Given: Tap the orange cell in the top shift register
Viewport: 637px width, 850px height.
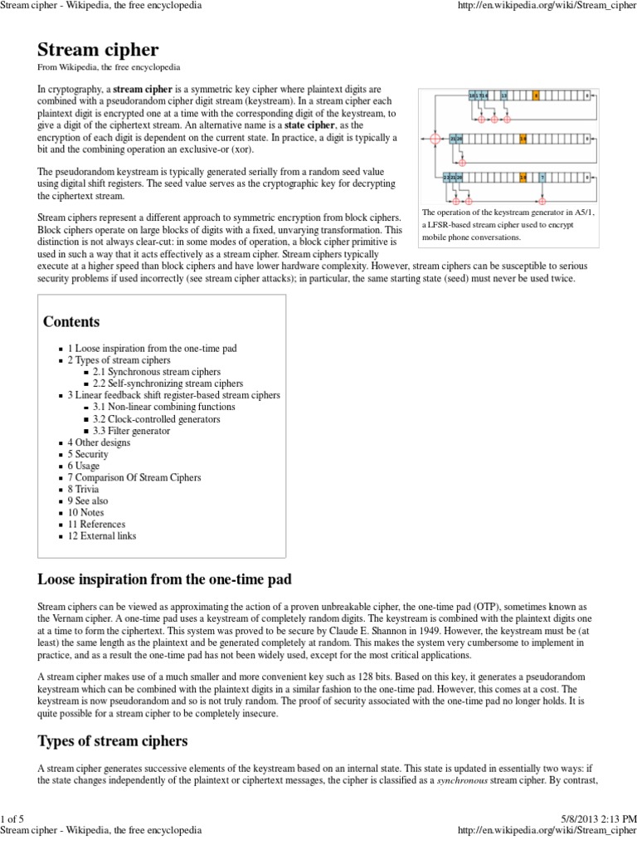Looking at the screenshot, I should tap(537, 96).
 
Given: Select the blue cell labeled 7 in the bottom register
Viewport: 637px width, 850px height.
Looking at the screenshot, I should tap(542, 177).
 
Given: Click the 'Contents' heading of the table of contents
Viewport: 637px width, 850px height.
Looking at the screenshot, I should tap(71, 321).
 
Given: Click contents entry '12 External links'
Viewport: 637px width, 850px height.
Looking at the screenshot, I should tap(102, 536).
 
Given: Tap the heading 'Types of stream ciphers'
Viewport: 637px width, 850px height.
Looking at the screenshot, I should tap(113, 740).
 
